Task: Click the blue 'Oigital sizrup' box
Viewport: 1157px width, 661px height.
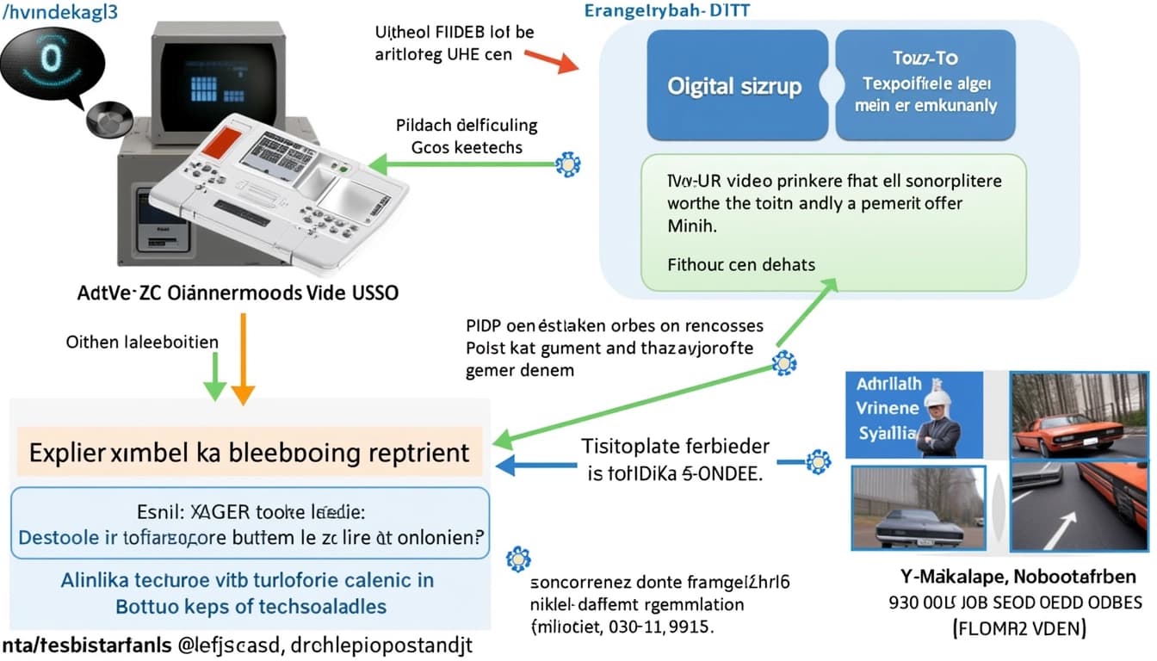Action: pyautogui.click(x=734, y=85)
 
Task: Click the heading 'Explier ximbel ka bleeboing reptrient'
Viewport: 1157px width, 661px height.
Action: pyautogui.click(x=250, y=452)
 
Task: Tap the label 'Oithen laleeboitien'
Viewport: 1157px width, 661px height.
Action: pyautogui.click(x=142, y=342)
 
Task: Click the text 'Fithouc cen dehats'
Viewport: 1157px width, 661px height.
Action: pyautogui.click(x=740, y=264)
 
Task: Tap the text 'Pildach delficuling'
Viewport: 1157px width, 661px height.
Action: pyautogui.click(x=467, y=125)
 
